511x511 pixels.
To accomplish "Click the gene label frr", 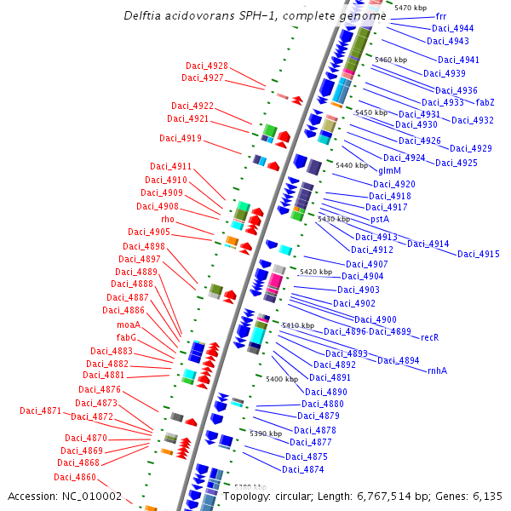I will (x=440, y=16).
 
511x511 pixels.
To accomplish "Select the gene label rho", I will (x=168, y=219).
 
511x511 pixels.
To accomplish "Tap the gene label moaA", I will (x=129, y=324).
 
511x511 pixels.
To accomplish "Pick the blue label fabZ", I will (x=485, y=102).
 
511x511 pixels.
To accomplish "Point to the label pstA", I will (x=380, y=219).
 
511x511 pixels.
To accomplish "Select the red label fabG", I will (x=127, y=337).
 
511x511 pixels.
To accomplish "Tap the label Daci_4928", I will (x=207, y=66).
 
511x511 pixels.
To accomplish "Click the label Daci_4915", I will (x=479, y=254).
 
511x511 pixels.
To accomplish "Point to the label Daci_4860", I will (x=77, y=477).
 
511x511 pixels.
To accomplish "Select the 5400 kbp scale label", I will (x=282, y=379).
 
